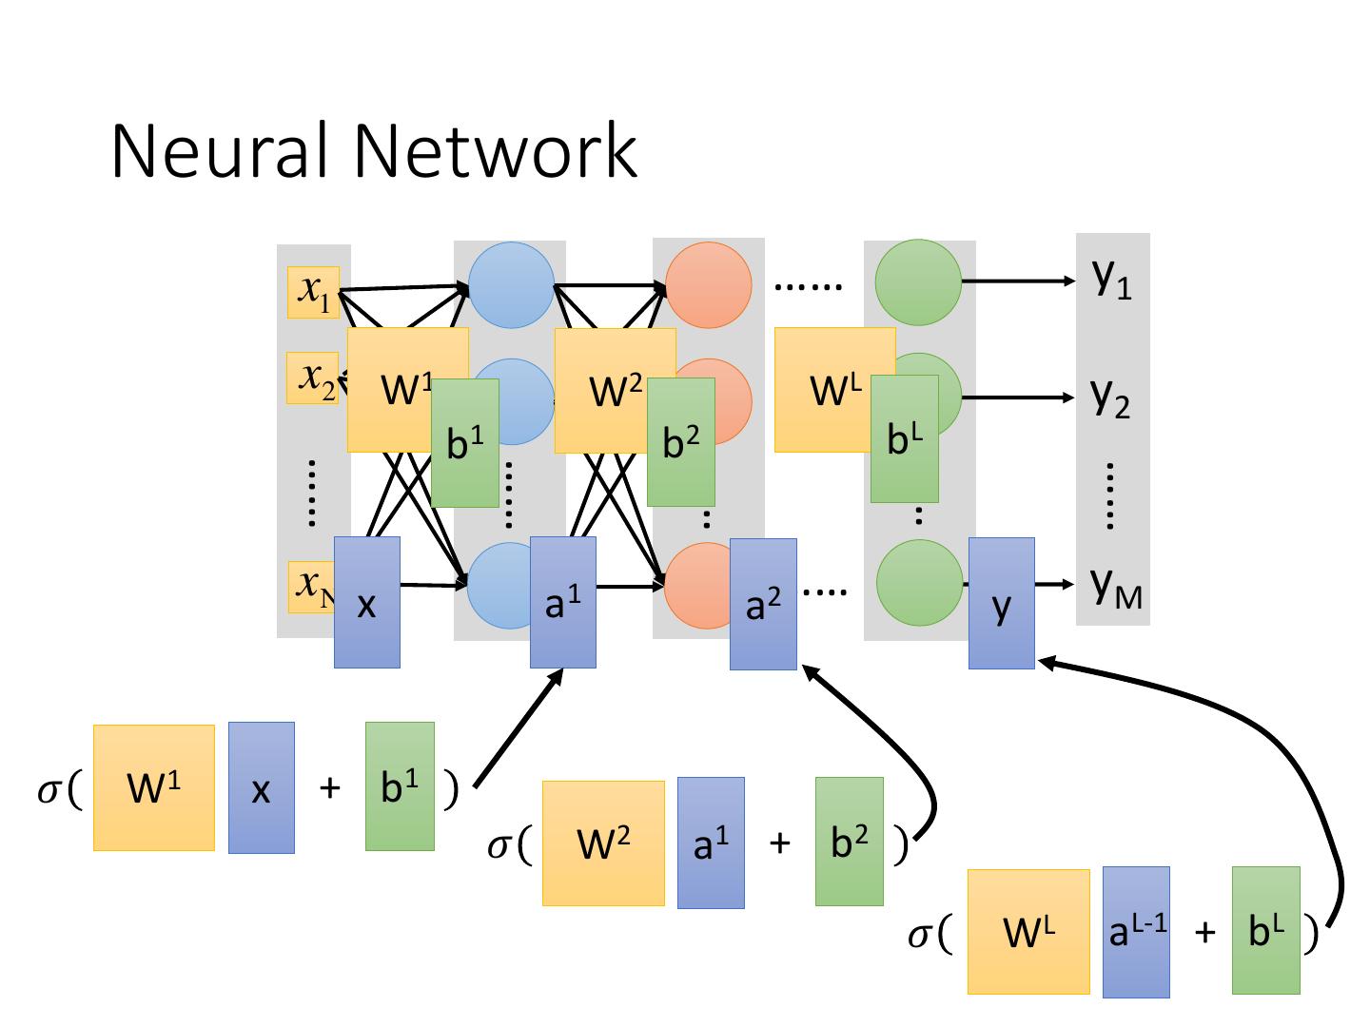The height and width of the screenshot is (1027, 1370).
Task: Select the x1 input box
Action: pyautogui.click(x=313, y=292)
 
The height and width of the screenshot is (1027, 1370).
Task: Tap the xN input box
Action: pyautogui.click(x=310, y=587)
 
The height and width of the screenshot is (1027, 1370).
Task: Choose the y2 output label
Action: pyautogui.click(x=1110, y=397)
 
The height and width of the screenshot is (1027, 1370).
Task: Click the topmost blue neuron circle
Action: pyautogui.click(x=512, y=283)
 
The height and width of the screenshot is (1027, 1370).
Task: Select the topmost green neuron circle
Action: pyautogui.click(x=918, y=281)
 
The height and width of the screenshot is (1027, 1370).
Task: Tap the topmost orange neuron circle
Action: pyautogui.click(x=709, y=284)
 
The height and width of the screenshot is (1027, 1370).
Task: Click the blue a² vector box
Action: pyautogui.click(x=763, y=604)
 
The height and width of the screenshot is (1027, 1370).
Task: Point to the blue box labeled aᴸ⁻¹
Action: pyautogui.click(x=1136, y=932)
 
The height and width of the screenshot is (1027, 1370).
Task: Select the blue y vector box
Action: pyautogui.click(x=1001, y=603)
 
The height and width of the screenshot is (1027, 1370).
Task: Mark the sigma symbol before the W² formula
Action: pyautogui.click(x=499, y=845)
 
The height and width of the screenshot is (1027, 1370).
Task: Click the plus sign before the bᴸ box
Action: pyautogui.click(x=1204, y=932)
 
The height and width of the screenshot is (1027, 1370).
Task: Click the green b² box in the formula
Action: pyautogui.click(x=849, y=841)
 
